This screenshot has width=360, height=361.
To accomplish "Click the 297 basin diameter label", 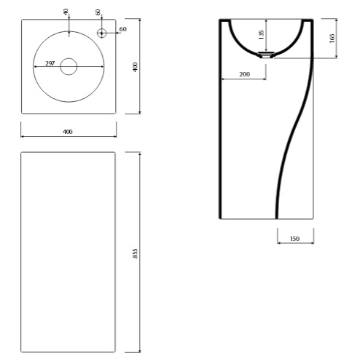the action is click(50, 63).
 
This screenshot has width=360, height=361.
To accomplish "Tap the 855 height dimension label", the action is click(136, 253).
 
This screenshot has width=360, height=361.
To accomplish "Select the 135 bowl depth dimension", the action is click(261, 35).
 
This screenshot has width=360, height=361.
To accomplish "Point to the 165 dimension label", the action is click(332, 39).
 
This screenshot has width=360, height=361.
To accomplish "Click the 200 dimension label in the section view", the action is click(244, 74).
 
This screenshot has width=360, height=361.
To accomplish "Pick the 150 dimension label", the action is click(294, 239).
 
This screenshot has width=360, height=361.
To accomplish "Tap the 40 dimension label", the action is click(66, 12).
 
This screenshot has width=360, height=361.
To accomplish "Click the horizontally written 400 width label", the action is click(68, 132).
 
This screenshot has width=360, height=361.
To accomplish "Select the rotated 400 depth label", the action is click(136, 67).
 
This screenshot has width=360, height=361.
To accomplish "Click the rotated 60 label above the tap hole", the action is click(98, 12).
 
